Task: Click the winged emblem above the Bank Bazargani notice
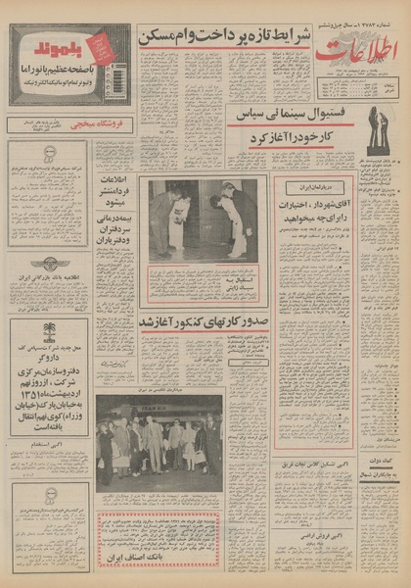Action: (x=49, y=263)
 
